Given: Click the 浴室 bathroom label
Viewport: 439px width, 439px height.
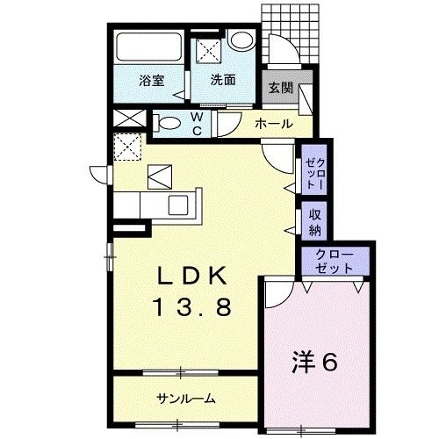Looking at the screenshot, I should click(150, 80).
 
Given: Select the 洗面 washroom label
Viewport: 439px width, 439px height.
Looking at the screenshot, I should click(222, 80).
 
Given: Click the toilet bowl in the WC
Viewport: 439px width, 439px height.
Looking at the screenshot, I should click(165, 121).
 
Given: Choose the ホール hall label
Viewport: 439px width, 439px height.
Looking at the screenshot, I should click(273, 125).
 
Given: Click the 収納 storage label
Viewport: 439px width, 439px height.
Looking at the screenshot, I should click(315, 223).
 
